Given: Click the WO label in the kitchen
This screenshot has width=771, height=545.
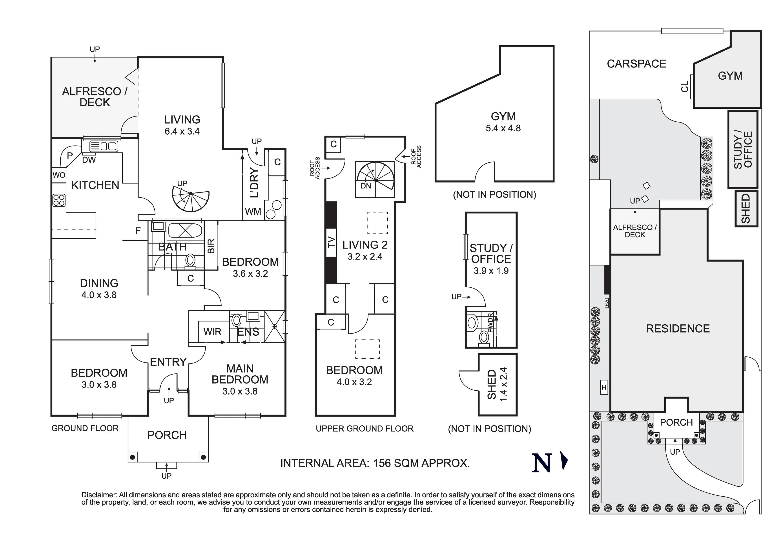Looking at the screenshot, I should (x=59, y=175).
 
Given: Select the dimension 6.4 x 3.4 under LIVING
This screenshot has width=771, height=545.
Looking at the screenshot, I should (x=182, y=131).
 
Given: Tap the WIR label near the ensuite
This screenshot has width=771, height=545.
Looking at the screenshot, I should (x=212, y=332).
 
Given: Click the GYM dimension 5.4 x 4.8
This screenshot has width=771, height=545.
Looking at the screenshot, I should (x=503, y=128).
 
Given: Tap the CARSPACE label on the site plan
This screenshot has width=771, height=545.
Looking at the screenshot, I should (x=636, y=64).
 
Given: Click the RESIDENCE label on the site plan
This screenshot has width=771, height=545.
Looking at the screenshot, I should (x=678, y=329).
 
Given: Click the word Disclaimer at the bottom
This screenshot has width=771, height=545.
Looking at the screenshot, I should (x=99, y=495).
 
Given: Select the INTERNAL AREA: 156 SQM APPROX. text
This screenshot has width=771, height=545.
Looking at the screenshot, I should (x=375, y=463).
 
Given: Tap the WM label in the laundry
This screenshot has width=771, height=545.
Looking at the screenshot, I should (x=253, y=212).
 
